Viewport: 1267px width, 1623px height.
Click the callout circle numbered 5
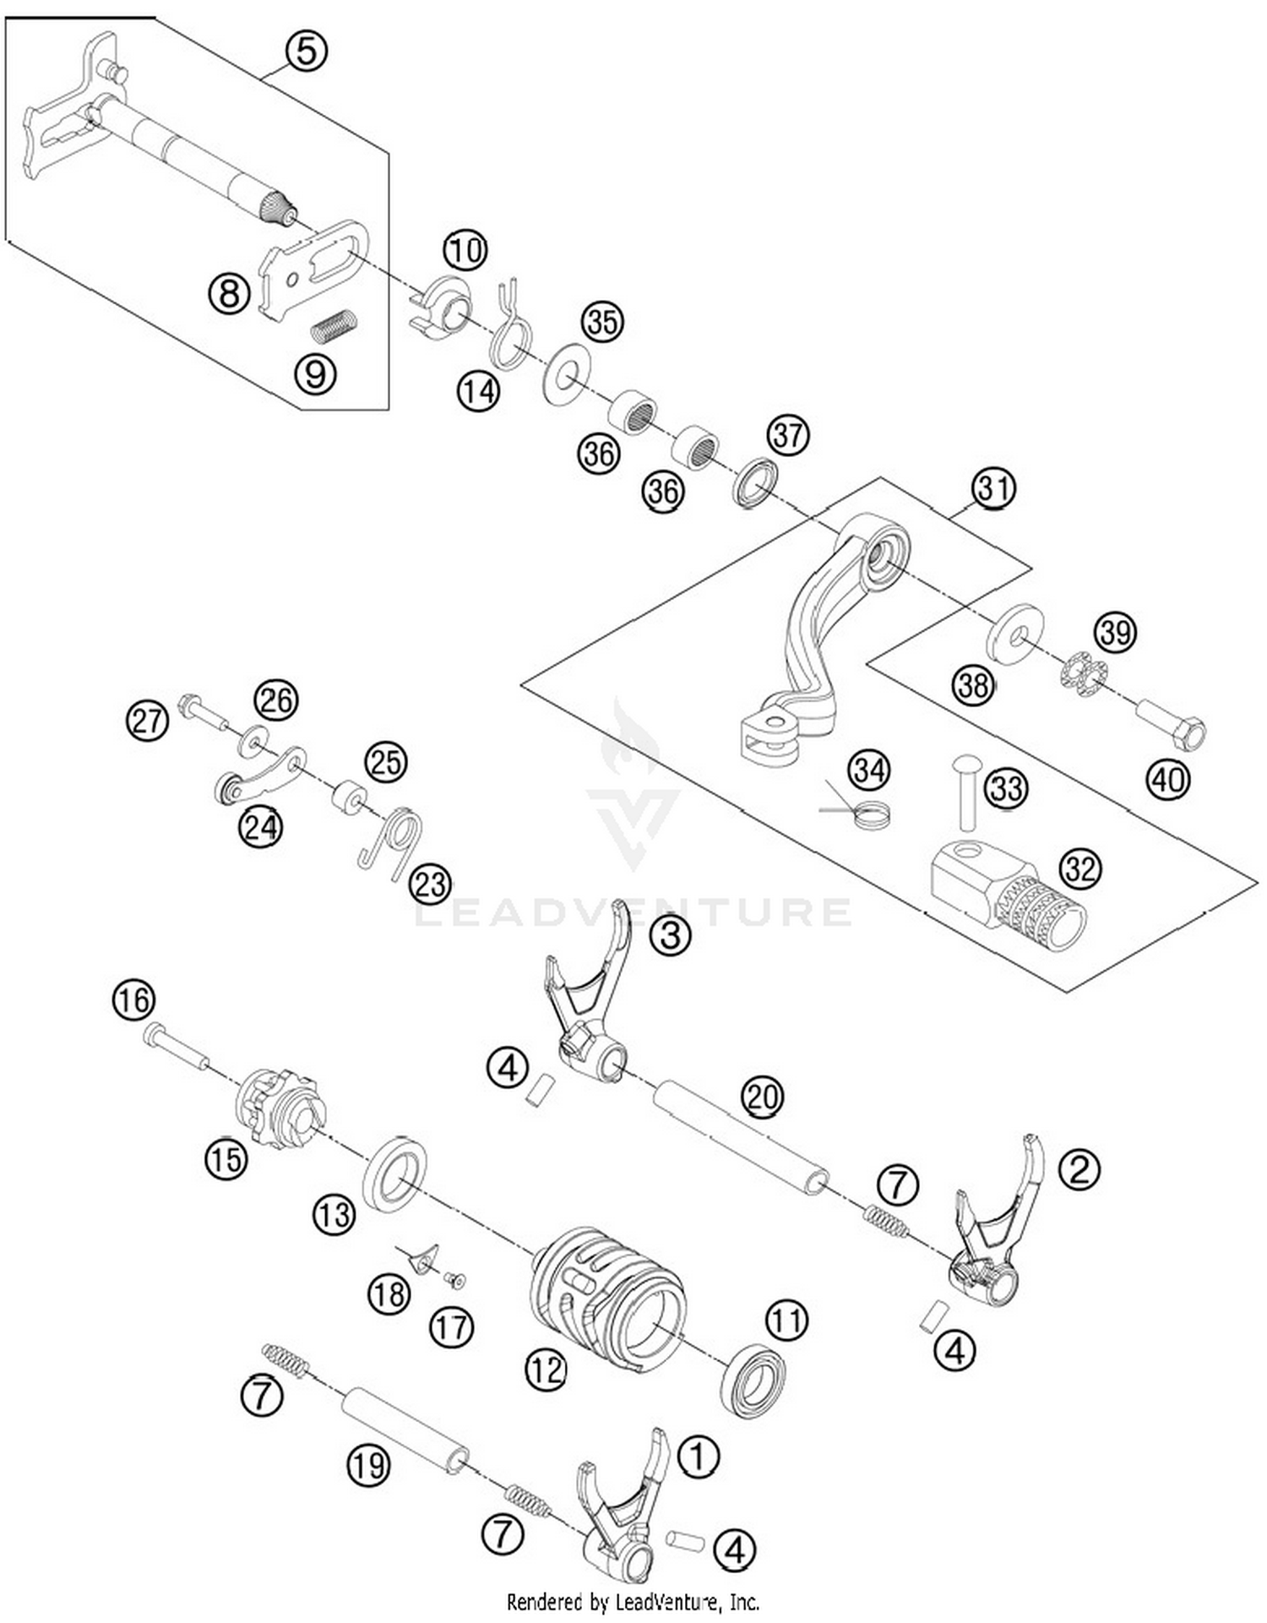click(x=306, y=51)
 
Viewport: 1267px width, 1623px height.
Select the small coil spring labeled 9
click(x=334, y=325)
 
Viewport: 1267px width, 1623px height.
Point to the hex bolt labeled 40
click(x=1173, y=724)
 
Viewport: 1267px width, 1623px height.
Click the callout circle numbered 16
click(x=133, y=1000)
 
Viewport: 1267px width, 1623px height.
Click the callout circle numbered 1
click(x=699, y=1457)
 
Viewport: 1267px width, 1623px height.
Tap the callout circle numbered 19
click(x=369, y=1464)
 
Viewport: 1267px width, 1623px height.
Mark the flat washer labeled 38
click(x=1014, y=632)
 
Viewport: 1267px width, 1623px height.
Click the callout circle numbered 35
click(x=602, y=322)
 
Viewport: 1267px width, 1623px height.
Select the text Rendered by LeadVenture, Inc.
click(x=633, y=1601)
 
